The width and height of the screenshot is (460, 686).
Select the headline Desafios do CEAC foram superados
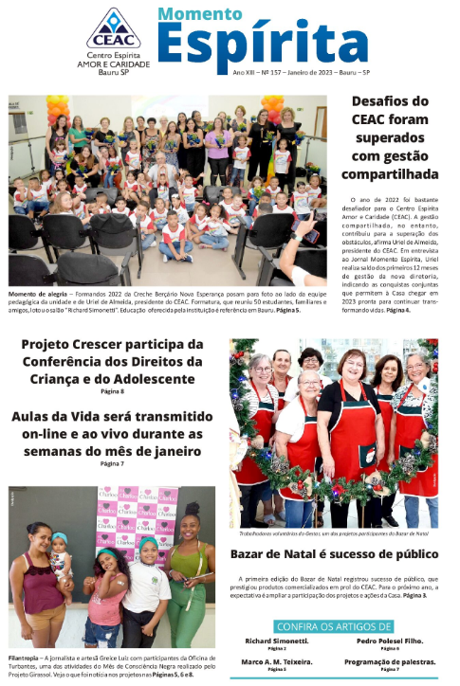[x=389, y=137]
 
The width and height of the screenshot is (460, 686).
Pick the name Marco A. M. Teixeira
[x=276, y=661]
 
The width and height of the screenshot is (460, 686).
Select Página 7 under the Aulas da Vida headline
[x=112, y=463]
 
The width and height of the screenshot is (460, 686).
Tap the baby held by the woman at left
[x=60, y=555]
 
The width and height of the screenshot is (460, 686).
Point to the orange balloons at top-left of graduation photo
[x=57, y=108]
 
